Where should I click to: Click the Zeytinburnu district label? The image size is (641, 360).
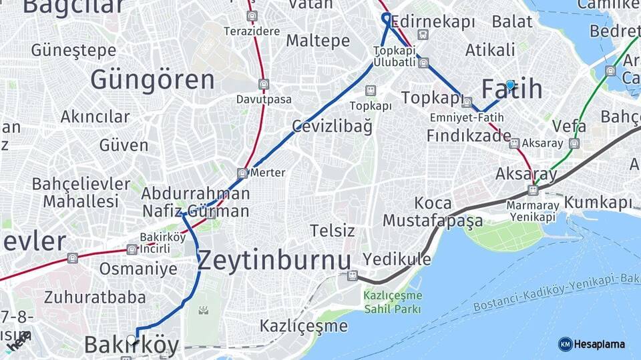tap(274, 260)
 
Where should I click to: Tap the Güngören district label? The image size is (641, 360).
tap(152, 80)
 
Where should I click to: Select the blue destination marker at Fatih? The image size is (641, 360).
tap(510, 85)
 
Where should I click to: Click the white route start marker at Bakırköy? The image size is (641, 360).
tap(132, 340)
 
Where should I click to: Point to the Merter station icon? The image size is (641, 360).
tap(243, 173)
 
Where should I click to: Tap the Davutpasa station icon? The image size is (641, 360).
tap(264, 85)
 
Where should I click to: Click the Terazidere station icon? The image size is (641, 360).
tap(251, 16)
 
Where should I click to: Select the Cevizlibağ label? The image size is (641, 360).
tap(331, 126)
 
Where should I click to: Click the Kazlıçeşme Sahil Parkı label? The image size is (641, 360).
tap(393, 302)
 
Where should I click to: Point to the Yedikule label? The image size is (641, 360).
tap(397, 259)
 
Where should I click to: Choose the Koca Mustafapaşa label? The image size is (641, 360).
tap(433, 211)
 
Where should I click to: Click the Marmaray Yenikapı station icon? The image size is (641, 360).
tap(532, 190)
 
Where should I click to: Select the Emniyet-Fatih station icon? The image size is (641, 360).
tap(467, 103)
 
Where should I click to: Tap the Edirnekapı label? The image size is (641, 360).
tap(433, 21)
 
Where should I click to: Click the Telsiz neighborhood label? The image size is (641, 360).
tap(332, 231)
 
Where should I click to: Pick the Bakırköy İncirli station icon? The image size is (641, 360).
tap(132, 249)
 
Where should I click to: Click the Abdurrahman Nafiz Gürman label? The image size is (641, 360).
tap(196, 203)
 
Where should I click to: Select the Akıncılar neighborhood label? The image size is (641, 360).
tap(95, 117)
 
